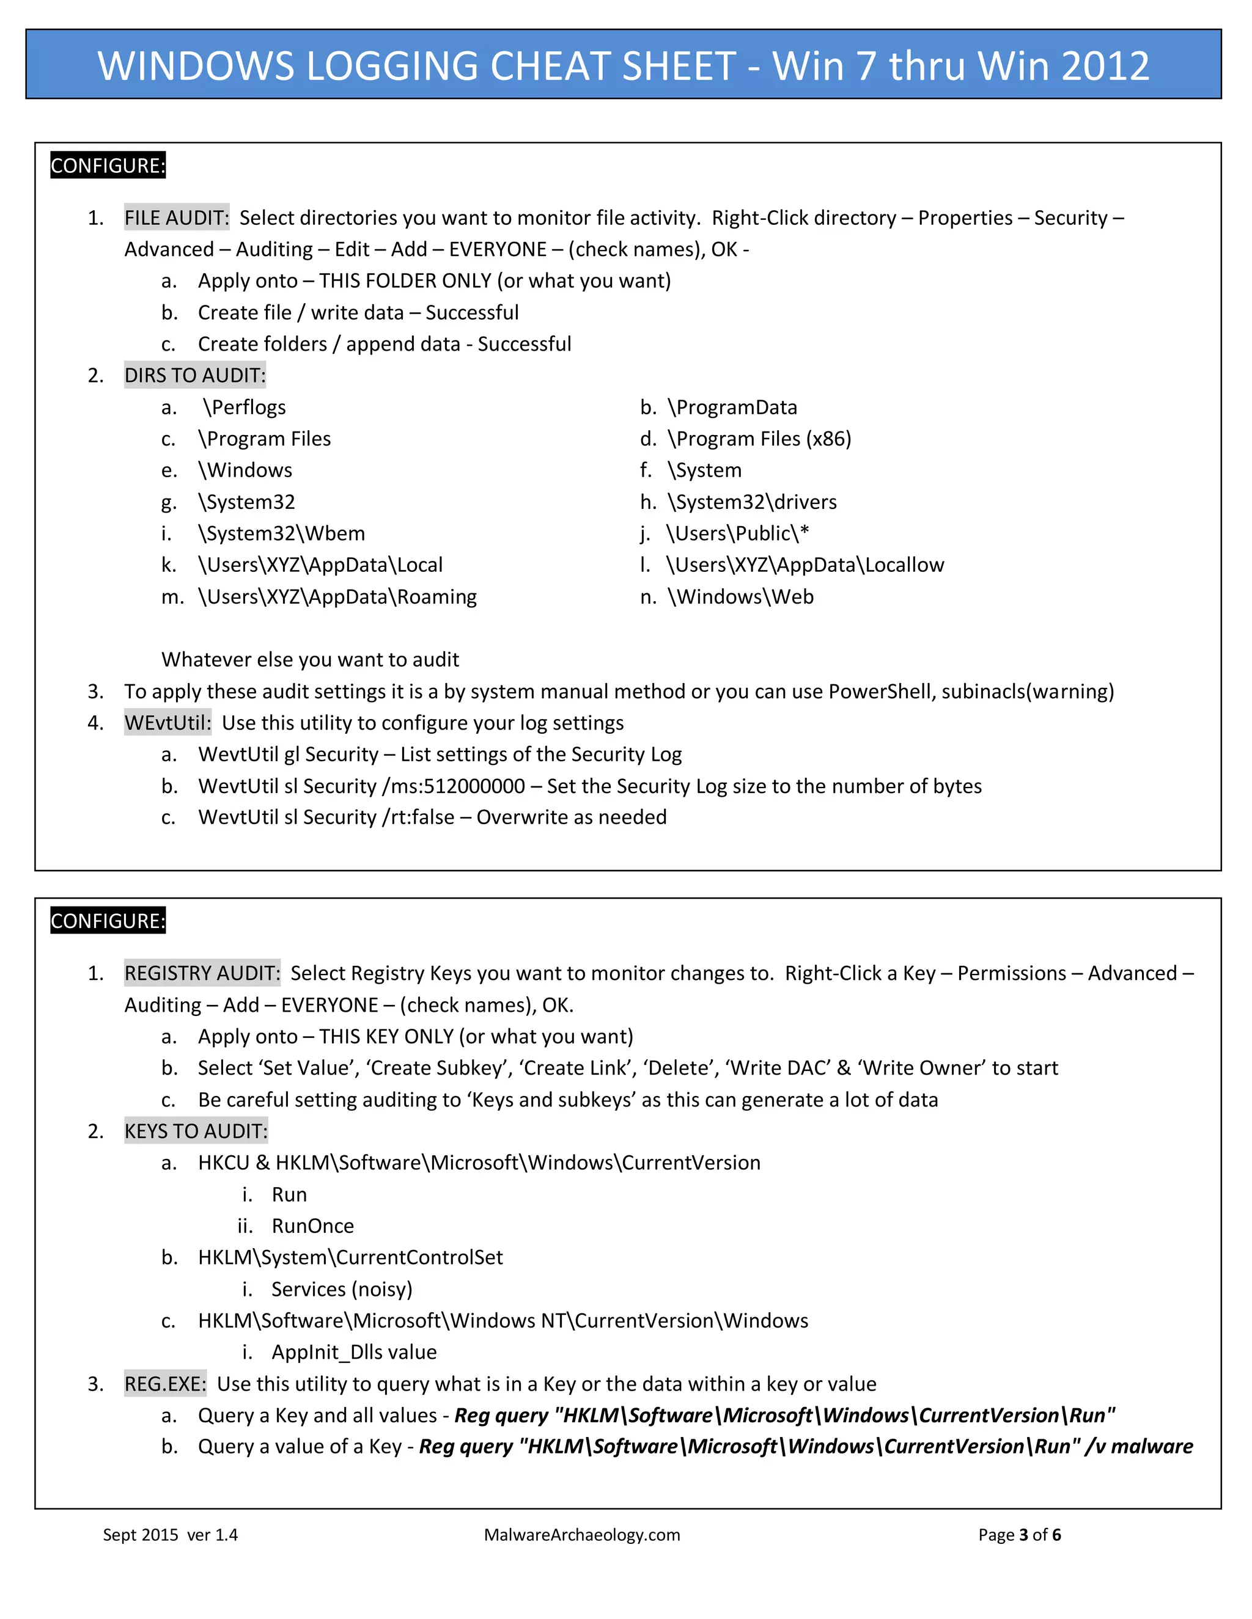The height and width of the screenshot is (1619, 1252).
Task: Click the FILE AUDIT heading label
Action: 177,218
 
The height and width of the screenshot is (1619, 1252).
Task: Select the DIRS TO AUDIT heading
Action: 194,376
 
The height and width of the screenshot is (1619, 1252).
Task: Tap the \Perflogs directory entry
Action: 244,407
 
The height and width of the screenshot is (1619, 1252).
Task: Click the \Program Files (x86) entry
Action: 759,439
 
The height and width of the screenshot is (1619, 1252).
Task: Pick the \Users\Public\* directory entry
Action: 737,534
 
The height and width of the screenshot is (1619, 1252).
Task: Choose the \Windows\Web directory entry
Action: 740,597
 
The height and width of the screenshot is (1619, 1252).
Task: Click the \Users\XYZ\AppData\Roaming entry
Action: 337,597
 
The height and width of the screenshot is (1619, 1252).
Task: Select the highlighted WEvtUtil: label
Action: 168,723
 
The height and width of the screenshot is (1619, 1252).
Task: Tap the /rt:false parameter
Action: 418,817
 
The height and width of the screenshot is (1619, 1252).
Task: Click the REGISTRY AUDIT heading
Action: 202,973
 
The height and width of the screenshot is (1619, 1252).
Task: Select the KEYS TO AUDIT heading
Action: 196,1131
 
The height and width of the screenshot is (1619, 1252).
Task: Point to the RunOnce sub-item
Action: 312,1226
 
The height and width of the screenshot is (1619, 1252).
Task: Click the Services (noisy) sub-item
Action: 341,1289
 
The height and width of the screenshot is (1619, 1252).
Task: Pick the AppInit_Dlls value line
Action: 354,1352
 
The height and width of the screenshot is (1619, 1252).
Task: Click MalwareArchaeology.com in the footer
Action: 581,1535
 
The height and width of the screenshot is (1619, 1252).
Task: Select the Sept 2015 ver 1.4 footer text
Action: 170,1535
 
